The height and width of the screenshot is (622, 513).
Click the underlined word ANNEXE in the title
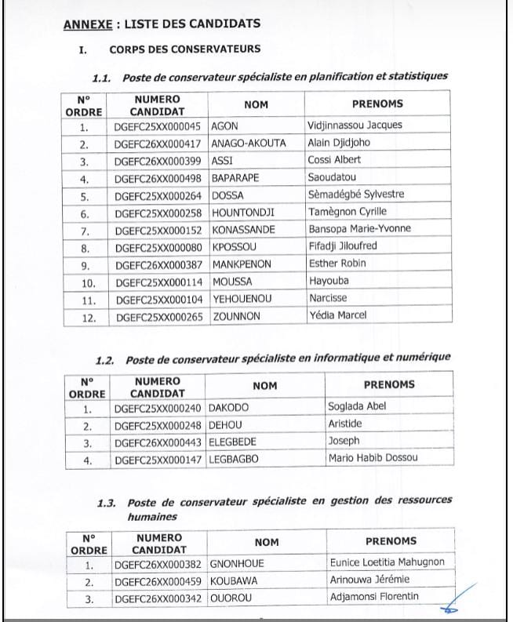coord(85,24)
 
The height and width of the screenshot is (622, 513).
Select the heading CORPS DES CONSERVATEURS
coord(185,49)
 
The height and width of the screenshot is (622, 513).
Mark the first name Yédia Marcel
coord(338,315)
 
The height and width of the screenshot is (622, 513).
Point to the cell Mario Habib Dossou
coord(373,458)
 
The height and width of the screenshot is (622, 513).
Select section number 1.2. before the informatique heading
coord(105,358)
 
